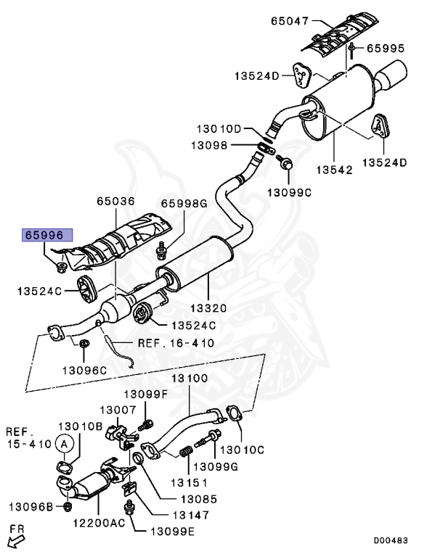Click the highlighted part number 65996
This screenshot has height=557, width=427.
click(43, 235)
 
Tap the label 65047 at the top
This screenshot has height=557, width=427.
click(290, 21)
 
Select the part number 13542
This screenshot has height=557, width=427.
click(335, 170)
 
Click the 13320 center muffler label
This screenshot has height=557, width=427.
click(208, 308)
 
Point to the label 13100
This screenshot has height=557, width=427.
click(190, 379)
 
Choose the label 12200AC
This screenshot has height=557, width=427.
click(99, 523)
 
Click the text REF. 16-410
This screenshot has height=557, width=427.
click(176, 343)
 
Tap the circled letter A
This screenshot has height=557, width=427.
click(65, 444)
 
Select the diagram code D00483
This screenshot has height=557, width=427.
click(391, 540)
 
